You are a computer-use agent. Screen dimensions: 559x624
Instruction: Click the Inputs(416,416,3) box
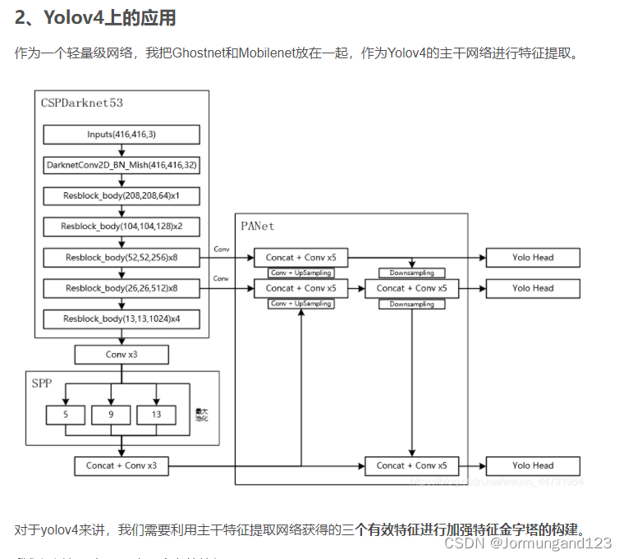(122, 135)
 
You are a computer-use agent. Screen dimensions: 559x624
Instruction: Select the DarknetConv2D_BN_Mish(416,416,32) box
(122, 165)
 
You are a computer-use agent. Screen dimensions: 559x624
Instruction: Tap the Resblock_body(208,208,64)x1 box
(122, 196)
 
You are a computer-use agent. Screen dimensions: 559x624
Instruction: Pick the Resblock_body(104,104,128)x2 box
(122, 227)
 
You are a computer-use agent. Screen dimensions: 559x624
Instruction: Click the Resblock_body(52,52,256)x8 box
(122, 258)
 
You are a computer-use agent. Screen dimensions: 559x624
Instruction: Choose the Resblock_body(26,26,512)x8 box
(122, 288)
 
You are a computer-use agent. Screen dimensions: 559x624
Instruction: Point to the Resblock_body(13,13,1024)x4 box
(122, 318)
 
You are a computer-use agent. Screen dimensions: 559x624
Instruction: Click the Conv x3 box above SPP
(122, 355)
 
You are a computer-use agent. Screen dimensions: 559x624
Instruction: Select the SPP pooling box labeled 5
(66, 415)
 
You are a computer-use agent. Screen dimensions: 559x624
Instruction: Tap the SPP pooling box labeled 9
(111, 415)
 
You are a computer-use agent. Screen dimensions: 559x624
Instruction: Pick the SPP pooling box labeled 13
(156, 415)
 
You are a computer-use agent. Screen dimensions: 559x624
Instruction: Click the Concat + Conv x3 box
(122, 465)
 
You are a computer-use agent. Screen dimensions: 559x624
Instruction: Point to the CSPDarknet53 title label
(82, 103)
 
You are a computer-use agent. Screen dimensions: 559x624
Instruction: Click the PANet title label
(258, 226)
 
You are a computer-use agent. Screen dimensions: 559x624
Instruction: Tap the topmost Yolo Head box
(533, 258)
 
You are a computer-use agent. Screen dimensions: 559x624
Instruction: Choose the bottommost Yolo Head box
(533, 465)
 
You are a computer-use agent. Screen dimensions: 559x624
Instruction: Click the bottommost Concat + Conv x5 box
(411, 465)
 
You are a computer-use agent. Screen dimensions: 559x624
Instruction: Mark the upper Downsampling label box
(411, 273)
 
